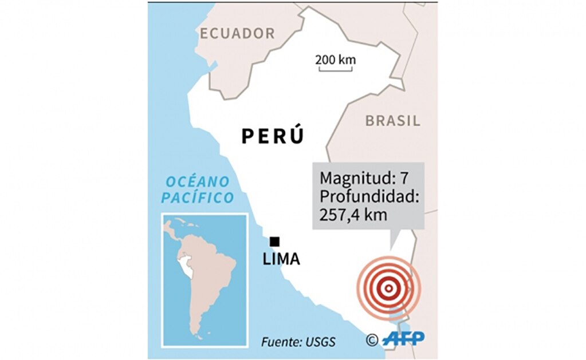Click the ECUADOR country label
point(237,34)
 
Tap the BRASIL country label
point(392,121)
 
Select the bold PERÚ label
point(272,136)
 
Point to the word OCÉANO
point(198,182)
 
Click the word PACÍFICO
point(197,198)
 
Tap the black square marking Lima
point(276,242)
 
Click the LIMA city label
point(281,259)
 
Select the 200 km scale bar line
point(335,70)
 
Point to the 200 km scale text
point(335,60)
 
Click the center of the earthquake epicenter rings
point(388,288)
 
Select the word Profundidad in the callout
point(370,196)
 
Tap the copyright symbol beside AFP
point(372,340)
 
